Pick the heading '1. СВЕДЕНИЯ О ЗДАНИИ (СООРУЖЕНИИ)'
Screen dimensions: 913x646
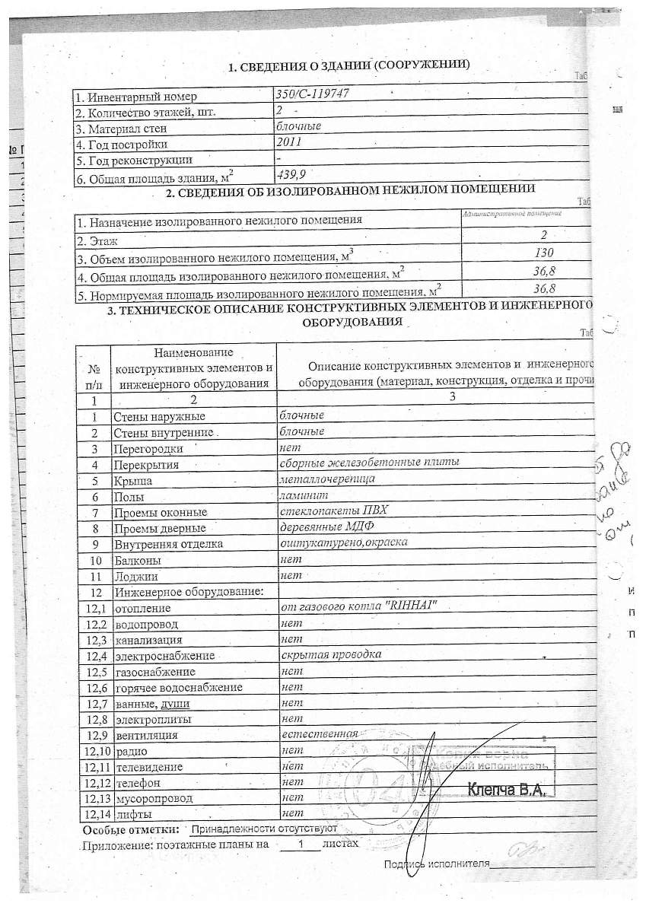coord(349,66)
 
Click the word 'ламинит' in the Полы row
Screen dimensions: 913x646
coord(300,495)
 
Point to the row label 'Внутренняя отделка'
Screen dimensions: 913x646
coord(167,544)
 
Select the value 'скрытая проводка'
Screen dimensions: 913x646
coord(331,654)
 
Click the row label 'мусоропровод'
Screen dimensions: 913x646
coord(153,799)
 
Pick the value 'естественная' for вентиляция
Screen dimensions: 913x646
coord(319,734)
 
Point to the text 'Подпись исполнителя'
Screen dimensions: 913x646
coord(435,864)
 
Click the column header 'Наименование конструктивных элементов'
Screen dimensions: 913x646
coord(193,367)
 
